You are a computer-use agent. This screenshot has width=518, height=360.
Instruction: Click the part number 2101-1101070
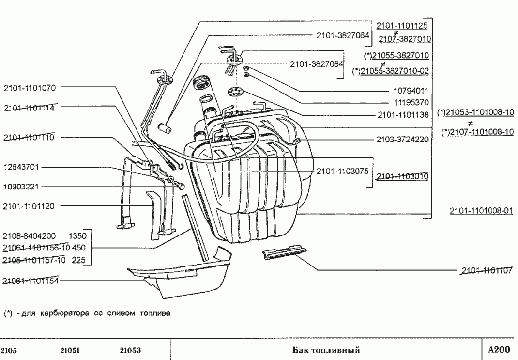click(x=30, y=88)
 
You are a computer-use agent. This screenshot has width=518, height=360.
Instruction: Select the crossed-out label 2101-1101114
click(x=30, y=108)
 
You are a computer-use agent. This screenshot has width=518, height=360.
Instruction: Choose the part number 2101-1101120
click(x=30, y=206)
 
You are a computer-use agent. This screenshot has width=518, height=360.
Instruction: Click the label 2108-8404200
click(x=30, y=237)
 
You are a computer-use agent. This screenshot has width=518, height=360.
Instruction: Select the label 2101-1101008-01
click(x=481, y=211)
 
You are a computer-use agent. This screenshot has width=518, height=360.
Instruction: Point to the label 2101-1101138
click(x=402, y=115)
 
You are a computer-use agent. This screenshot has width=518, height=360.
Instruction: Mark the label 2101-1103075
click(x=343, y=171)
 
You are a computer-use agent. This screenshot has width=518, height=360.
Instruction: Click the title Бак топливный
click(x=327, y=350)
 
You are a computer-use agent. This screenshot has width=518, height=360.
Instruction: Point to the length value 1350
click(x=77, y=237)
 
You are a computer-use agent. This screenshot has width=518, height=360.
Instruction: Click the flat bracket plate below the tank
click(x=284, y=253)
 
